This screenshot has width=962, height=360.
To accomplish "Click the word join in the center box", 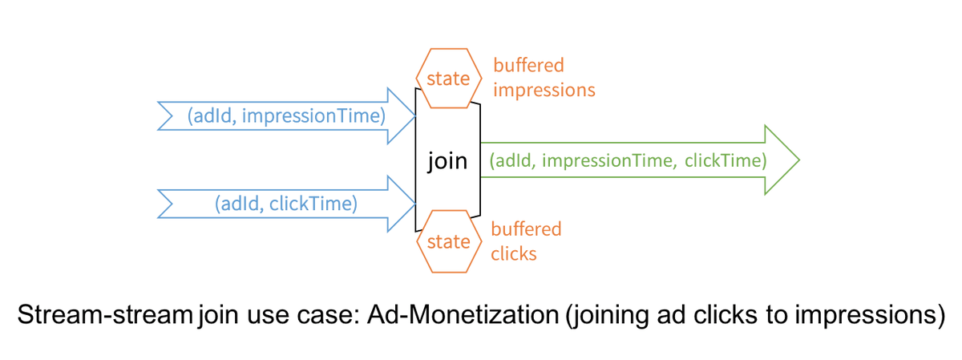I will pos(447,161).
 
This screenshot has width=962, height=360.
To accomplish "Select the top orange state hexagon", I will pos(448,79).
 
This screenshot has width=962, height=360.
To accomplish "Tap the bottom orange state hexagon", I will pos(448,241).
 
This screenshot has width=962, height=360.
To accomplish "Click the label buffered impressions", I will pos(544,77).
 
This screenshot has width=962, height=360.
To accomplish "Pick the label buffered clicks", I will pos(527,241).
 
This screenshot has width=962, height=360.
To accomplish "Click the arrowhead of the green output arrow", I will pos(782,160).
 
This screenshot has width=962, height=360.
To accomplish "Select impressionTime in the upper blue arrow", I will pos(313,116).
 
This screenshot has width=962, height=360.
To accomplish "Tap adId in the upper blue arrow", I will pos(211,116).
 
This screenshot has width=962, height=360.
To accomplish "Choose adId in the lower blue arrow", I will pos(239,204).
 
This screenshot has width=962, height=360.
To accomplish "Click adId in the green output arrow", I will pos(513,160).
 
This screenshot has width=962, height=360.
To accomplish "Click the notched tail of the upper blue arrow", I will pos(168,116).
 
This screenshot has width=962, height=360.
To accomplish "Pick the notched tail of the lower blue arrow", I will pos(168,204).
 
